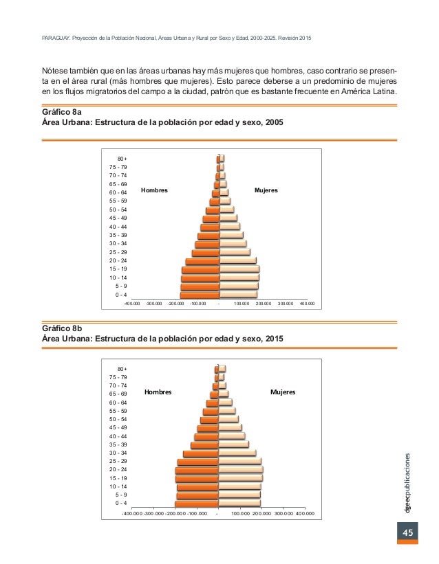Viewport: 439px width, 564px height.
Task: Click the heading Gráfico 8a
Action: point(63,111)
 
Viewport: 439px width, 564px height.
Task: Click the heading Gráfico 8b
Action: point(63,328)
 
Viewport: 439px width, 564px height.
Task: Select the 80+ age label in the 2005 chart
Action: point(122,159)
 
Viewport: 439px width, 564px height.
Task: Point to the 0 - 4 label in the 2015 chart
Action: point(121,503)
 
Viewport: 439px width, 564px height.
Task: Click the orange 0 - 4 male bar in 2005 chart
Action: point(200,295)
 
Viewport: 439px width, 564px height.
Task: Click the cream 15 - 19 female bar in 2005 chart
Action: point(239,269)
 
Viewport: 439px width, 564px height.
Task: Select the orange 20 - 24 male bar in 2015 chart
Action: point(196,470)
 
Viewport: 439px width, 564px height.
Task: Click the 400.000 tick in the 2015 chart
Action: point(305,512)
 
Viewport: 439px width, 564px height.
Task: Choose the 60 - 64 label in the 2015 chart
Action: point(121,403)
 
